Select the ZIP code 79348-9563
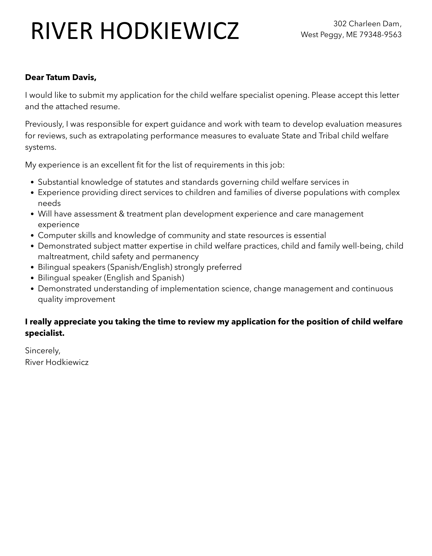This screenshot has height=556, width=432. pos(380,34)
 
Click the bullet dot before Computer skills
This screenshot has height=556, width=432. pos(32,236)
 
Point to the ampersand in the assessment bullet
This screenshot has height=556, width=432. pos(121,214)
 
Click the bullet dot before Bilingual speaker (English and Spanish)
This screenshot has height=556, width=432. pos(32,278)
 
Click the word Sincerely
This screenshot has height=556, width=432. pos(43,351)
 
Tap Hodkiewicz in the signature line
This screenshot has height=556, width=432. pos(67,362)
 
